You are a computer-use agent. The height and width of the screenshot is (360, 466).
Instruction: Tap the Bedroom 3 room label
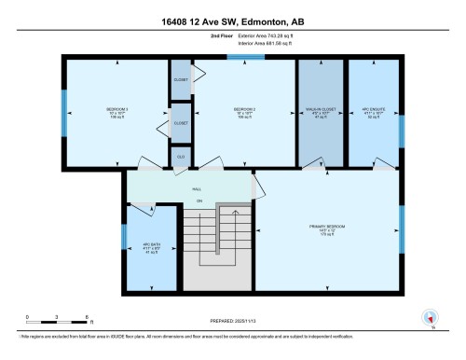[116, 114]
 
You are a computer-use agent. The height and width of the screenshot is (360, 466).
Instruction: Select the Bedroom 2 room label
[244, 114]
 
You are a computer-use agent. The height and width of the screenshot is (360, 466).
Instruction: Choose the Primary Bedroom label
[328, 230]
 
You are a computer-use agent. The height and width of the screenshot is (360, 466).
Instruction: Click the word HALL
[197, 187]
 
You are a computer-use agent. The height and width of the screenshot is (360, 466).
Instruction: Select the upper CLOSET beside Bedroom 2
[181, 79]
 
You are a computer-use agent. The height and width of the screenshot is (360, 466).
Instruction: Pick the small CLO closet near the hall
[181, 157]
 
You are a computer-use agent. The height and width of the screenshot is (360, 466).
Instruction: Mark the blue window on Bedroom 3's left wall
[64, 112]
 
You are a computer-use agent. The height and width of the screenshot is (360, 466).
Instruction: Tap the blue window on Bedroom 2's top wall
[245, 58]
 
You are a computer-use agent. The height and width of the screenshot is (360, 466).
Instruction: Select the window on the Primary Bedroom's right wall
[402, 224]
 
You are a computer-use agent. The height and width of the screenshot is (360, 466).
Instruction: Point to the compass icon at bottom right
[430, 318]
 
